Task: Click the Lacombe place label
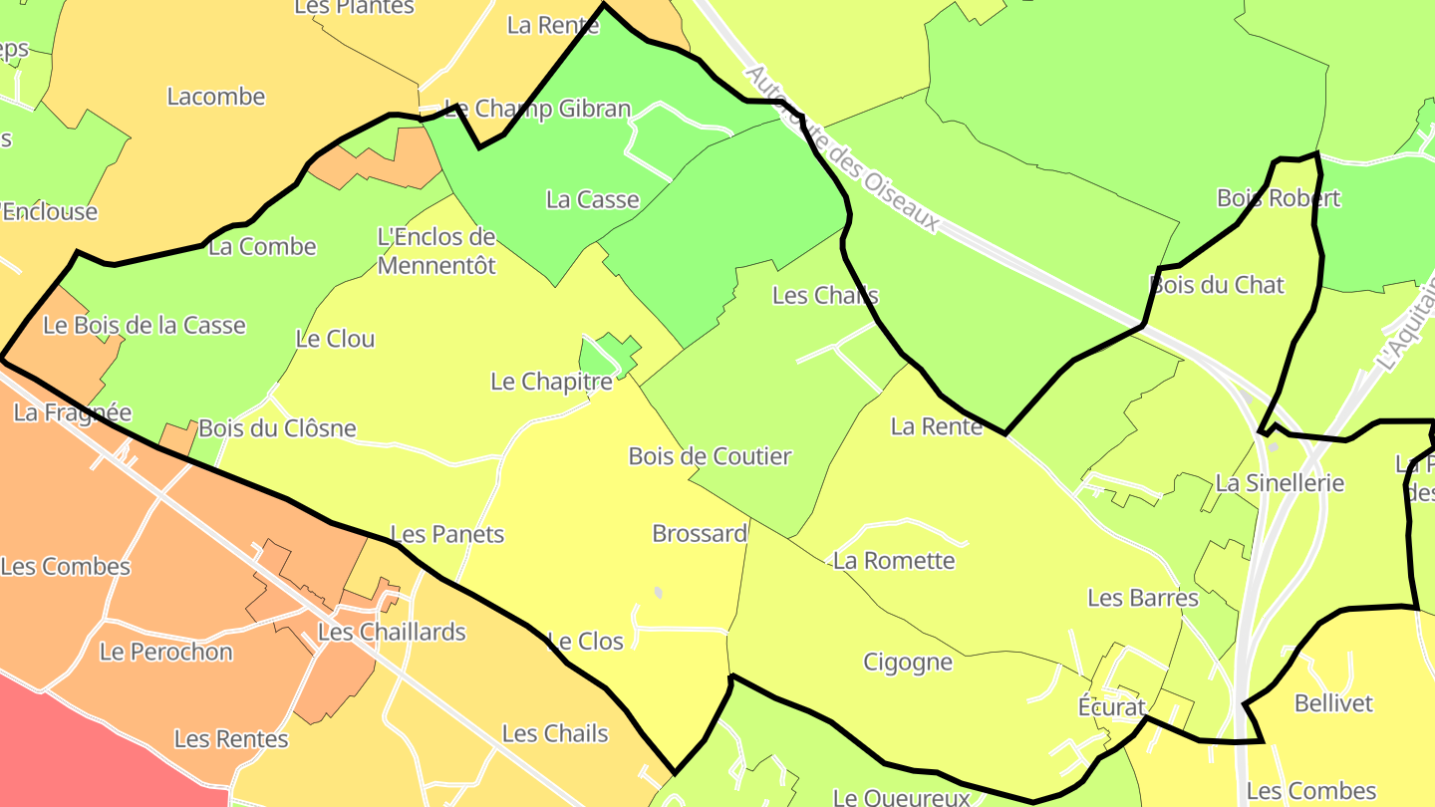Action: (216, 97)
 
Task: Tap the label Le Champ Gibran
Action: (537, 109)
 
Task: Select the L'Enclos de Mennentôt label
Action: (436, 251)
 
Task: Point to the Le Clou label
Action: (335, 339)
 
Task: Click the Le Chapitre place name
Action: (551, 382)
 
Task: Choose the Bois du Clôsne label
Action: (277, 428)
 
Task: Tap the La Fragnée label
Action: (72, 411)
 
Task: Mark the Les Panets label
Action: (447, 534)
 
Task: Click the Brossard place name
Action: (700, 533)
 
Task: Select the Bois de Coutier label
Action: (710, 456)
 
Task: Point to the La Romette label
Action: (894, 560)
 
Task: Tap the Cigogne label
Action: (908, 663)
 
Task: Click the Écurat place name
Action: (1112, 706)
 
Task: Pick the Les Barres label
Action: (1143, 598)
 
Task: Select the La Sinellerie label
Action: (1280, 483)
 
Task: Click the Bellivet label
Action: (1333, 703)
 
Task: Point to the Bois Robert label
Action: (1279, 198)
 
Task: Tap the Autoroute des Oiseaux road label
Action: (842, 149)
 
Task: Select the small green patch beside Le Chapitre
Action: (605, 354)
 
